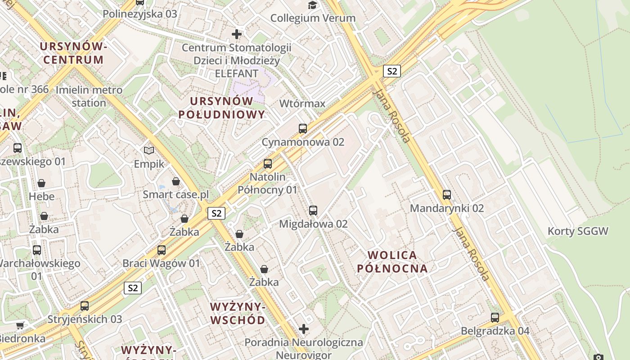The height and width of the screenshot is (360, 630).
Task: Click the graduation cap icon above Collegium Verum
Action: pyautogui.click(x=312, y=5)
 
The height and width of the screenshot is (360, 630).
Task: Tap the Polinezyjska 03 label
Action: pyautogui.click(x=139, y=13)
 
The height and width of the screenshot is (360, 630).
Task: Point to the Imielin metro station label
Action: pyautogui.click(x=89, y=96)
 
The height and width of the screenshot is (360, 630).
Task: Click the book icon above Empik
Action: pyautogui.click(x=149, y=150)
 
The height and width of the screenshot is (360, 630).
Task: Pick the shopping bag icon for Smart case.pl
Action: pyautogui.click(x=176, y=181)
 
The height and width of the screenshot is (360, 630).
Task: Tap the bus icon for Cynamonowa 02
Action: pyautogui.click(x=303, y=129)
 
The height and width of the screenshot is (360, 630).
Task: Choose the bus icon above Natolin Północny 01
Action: pyautogui.click(x=268, y=164)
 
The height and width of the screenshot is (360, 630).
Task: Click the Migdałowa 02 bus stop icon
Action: pyautogui.click(x=313, y=211)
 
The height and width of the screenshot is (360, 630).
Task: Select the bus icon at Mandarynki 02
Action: pyautogui.click(x=447, y=195)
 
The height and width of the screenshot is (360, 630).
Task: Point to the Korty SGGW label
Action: pyautogui.click(x=578, y=231)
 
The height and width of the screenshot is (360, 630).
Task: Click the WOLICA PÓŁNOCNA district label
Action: pyautogui.click(x=392, y=262)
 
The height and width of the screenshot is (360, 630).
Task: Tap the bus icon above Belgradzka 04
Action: pyautogui.click(x=495, y=318)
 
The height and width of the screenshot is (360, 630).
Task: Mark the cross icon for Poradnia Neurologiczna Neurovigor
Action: pyautogui.click(x=304, y=329)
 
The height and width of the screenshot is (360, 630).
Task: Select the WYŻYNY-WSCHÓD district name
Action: pyautogui.click(x=238, y=314)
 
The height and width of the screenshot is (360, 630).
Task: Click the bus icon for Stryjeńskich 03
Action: pyautogui.click(x=85, y=306)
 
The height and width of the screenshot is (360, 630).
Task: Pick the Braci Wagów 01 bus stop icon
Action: pyautogui.click(x=162, y=250)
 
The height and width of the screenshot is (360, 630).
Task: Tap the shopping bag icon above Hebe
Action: pyautogui.click(x=41, y=183)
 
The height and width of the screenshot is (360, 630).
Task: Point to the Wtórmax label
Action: pyautogui.click(x=302, y=103)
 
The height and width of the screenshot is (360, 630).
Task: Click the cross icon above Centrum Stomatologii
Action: pyautogui.click(x=237, y=34)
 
